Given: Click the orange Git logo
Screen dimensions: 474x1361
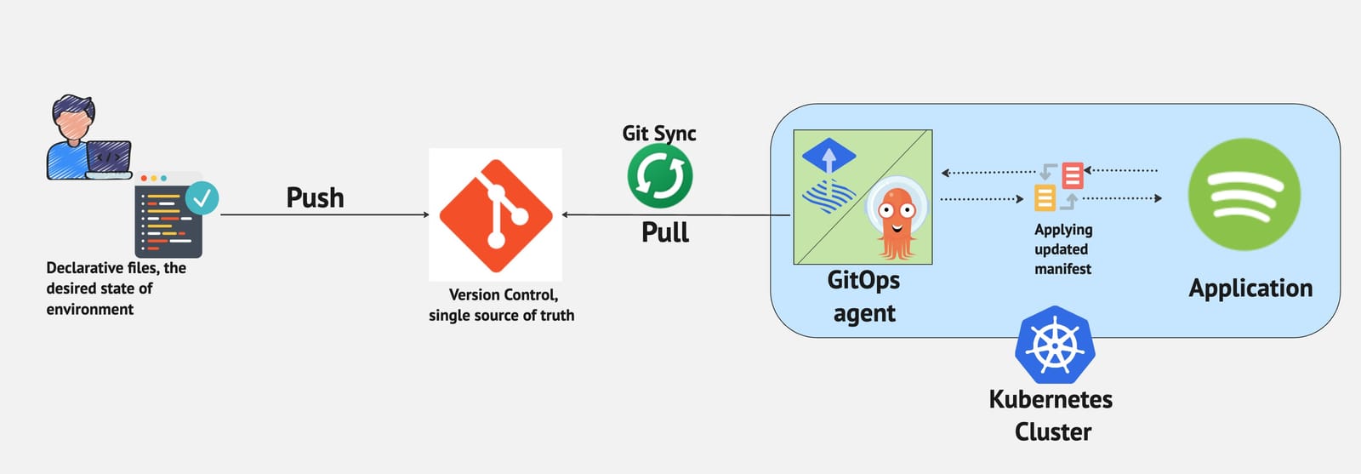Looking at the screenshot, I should pyautogui.click(x=495, y=214).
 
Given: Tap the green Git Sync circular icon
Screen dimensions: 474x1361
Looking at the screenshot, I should pyautogui.click(x=659, y=176).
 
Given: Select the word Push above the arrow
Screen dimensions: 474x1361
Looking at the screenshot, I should pyautogui.click(x=315, y=197).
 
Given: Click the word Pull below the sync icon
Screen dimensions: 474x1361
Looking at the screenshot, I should pyautogui.click(x=664, y=232).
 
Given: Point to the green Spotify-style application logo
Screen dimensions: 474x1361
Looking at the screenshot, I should pyautogui.click(x=1244, y=195).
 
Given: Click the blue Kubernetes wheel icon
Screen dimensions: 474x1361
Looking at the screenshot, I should pyautogui.click(x=1055, y=345).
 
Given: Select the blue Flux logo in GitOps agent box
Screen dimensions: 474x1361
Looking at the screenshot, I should pyautogui.click(x=829, y=179).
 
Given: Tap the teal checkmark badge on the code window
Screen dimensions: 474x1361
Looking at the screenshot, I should pyautogui.click(x=202, y=197).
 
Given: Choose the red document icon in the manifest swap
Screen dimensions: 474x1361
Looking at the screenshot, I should pyautogui.click(x=1073, y=175).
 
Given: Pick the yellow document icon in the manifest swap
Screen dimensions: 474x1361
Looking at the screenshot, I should pyautogui.click(x=1045, y=197).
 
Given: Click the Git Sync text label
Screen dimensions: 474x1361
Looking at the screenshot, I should pyautogui.click(x=658, y=134).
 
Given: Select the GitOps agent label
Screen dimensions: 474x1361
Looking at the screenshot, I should pyautogui.click(x=863, y=296).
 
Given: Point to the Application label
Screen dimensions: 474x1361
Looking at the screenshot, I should pyautogui.click(x=1250, y=288).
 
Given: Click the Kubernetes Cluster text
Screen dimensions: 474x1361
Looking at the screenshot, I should pyautogui.click(x=1051, y=415).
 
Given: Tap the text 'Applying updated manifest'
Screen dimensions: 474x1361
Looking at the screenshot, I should pyautogui.click(x=1062, y=249).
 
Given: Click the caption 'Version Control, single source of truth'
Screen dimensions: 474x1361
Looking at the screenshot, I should pyautogui.click(x=502, y=305).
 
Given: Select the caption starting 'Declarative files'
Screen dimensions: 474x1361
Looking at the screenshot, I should pyautogui.click(x=116, y=288).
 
